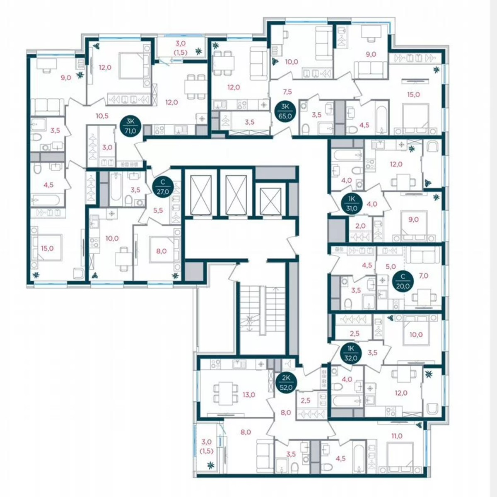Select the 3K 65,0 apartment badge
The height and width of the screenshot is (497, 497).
coord(285,111)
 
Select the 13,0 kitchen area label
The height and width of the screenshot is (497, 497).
coord(249,395)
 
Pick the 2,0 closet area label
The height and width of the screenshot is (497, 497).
coord(361,226)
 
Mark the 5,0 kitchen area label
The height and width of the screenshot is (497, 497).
coord(391,266)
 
